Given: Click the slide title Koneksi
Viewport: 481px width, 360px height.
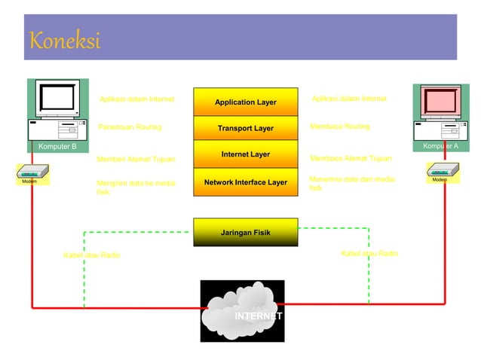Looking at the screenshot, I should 64,40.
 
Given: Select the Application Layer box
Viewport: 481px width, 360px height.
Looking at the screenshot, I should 245,102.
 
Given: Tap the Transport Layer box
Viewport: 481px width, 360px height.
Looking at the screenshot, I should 245,128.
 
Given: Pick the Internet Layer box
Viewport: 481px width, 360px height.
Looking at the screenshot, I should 245,154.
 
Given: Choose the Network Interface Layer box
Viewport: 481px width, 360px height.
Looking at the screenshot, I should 245,182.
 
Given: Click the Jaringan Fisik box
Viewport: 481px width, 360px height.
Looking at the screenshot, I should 245,232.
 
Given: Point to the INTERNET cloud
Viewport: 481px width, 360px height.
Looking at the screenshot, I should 243,311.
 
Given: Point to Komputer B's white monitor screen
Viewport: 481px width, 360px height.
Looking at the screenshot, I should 58,97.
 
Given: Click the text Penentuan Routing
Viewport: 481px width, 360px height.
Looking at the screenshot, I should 129,127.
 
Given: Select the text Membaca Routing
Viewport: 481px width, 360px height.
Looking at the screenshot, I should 339,127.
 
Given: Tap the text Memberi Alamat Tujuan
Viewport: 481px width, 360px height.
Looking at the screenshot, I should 136,159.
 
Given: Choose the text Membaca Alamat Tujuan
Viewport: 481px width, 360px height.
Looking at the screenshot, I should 351,158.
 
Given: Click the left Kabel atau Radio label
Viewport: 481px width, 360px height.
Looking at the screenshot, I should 91,255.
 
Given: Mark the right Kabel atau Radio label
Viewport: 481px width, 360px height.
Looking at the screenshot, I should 369,254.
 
